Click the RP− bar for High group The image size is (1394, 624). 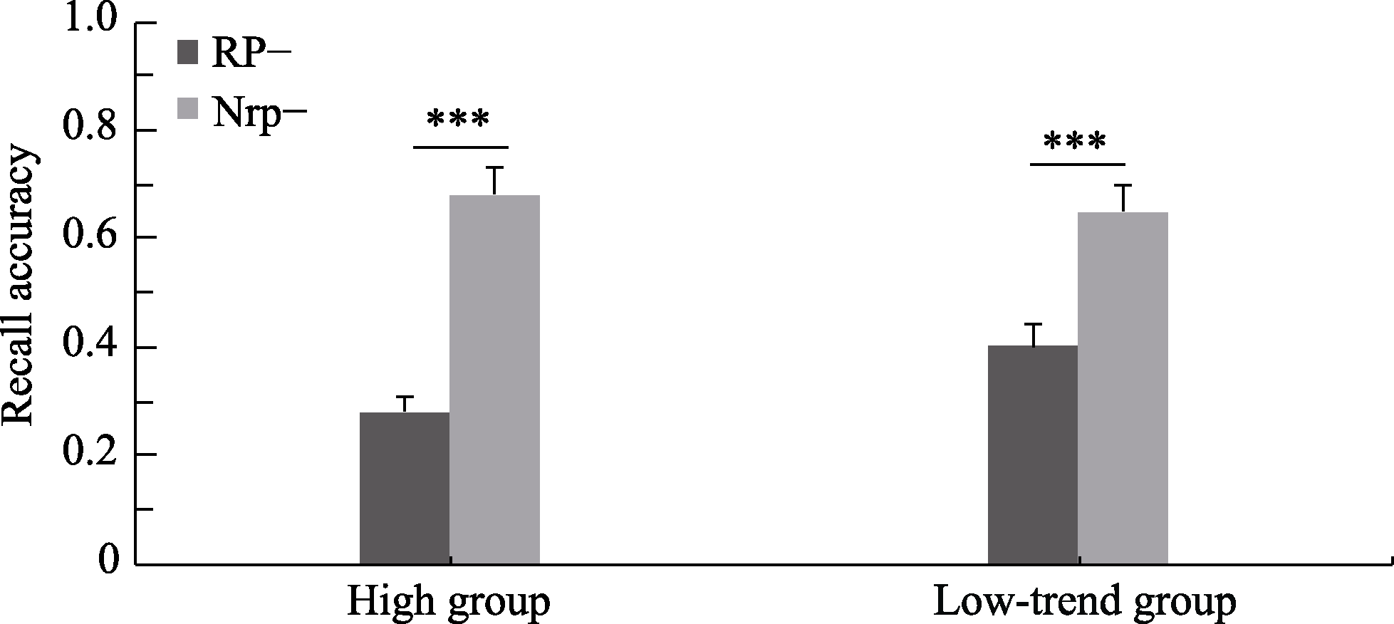pyautogui.click(x=405, y=489)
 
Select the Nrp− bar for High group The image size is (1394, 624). pyautogui.click(x=494, y=380)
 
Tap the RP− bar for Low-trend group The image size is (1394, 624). pyautogui.click(x=1033, y=455)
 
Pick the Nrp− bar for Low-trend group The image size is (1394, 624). pyautogui.click(x=1123, y=388)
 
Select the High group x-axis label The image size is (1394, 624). pyautogui.click(x=449, y=603)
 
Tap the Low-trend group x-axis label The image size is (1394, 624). pyautogui.click(x=1084, y=603)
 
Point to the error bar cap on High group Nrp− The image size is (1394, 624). pyautogui.click(x=494, y=167)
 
